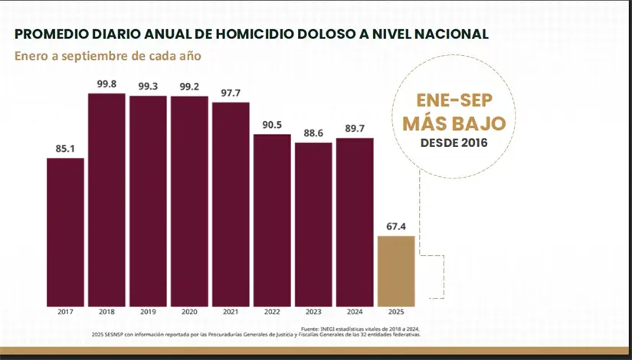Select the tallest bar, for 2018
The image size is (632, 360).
[106, 199]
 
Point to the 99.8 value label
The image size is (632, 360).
[106, 84]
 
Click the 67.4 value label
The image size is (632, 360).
[396, 227]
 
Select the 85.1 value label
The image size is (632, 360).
[65, 149]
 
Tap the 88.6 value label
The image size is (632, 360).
[313, 133]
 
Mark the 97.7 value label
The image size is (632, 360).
[231, 93]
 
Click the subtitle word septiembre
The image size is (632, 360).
[90, 56]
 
